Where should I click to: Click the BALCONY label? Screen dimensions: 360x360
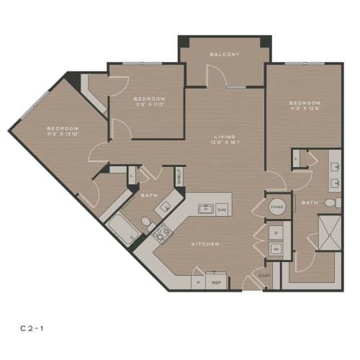coord(225,55)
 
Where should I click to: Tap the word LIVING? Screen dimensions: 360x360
coord(225,136)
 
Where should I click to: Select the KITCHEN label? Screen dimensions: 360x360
coord(205,244)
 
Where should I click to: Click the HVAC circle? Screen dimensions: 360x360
coord(277,206)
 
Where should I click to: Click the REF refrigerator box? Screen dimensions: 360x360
coord(215,283)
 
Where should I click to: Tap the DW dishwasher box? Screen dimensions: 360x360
coord(222,210)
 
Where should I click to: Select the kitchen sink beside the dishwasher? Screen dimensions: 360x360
coord(204,210)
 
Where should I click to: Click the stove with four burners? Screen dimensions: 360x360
coord(162,232)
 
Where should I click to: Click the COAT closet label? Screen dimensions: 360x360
coord(265,275)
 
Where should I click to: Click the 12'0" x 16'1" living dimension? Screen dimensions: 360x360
coord(225,143)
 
